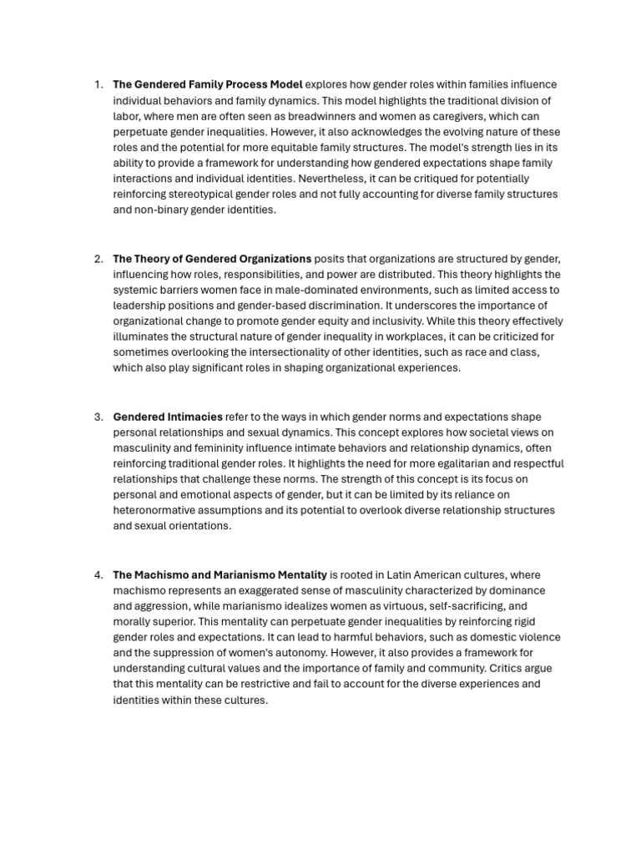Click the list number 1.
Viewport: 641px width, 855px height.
(x=98, y=84)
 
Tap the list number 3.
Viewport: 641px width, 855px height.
(x=98, y=417)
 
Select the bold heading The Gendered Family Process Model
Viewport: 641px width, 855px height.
(x=207, y=84)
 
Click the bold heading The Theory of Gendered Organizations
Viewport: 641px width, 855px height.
(x=212, y=259)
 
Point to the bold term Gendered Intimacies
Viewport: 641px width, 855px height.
(x=168, y=417)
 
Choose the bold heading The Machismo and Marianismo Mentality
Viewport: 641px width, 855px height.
(x=220, y=574)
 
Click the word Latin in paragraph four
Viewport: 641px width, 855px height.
(x=401, y=574)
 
